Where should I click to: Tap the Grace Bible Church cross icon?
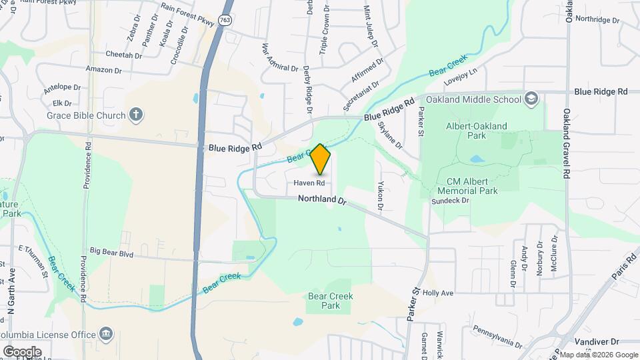click(136, 115)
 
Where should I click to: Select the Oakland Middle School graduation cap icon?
click(531, 99)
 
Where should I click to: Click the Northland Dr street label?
click(323, 199)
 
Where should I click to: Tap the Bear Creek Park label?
click(331, 301)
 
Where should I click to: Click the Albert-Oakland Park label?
click(477, 130)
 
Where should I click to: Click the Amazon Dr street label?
click(103, 69)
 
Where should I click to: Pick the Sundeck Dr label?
click(451, 201)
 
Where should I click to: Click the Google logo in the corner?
click(22, 351)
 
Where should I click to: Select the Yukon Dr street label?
click(381, 196)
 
